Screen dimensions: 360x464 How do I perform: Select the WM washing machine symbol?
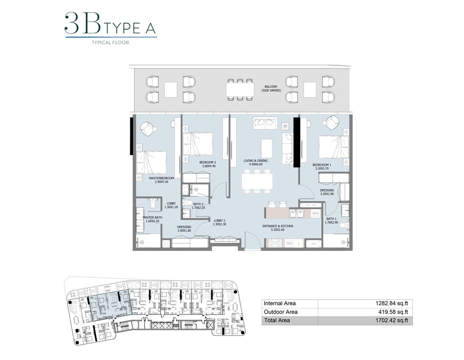tap(315, 214)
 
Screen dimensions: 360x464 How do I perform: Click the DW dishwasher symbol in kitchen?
tap(287, 243)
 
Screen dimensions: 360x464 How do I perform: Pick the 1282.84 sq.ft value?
tap(391, 304)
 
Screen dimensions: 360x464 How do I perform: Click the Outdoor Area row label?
tap(281, 312)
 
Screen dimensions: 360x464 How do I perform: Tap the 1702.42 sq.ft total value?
tap(391, 320)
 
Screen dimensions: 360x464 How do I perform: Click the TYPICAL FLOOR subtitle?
tap(110, 42)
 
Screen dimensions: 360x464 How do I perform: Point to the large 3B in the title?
tap(82, 24)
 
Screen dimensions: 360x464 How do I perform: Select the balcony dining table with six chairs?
tap(240, 88)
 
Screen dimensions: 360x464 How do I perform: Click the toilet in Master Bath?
tap(152, 205)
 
